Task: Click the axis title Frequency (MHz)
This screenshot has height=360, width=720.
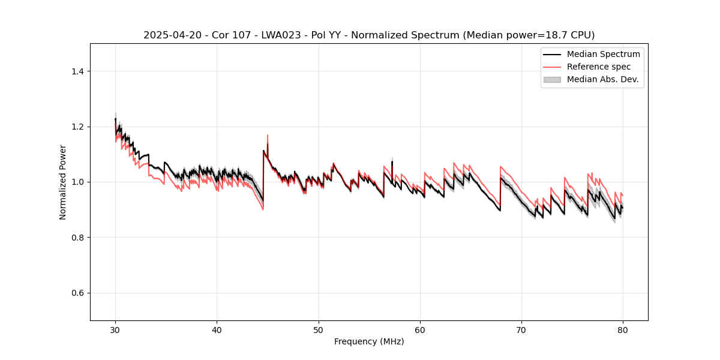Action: click(x=369, y=341)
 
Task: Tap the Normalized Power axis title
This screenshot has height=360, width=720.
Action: click(x=63, y=182)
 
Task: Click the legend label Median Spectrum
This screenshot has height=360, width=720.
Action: click(x=603, y=54)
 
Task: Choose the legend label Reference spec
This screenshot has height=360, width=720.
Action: click(x=598, y=67)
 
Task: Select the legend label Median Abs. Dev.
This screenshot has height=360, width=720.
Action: click(x=602, y=79)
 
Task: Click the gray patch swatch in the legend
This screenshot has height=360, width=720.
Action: click(x=551, y=79)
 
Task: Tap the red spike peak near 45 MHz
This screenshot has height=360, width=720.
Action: click(x=268, y=135)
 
